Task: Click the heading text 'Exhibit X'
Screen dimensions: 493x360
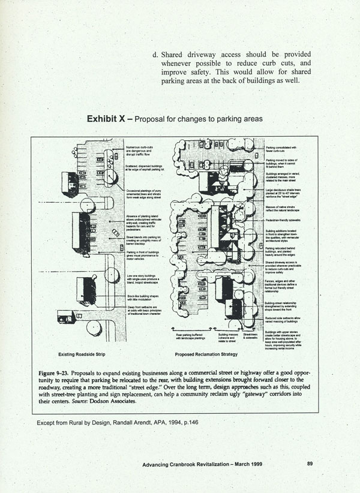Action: [x=106, y=119]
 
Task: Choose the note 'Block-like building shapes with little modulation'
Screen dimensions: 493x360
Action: [x=144, y=296]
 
